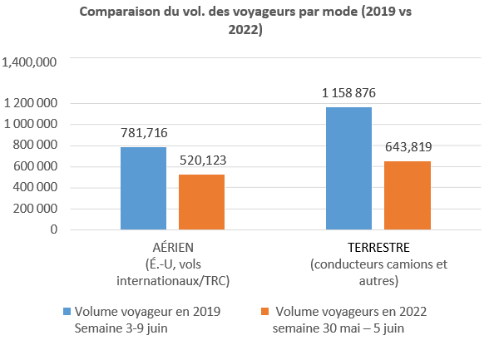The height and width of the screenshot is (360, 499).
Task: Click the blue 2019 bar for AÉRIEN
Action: [143, 188]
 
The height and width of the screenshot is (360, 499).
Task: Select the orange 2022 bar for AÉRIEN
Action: [202, 202]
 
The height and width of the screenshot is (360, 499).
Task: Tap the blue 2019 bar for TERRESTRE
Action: [348, 168]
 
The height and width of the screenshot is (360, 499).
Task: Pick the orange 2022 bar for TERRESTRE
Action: [408, 195]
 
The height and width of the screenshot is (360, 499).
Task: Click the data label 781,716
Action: [144, 133]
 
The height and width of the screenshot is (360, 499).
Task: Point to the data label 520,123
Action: [203, 160]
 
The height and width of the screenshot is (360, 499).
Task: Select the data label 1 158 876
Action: [348, 93]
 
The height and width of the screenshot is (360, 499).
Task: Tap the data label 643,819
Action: [408, 147]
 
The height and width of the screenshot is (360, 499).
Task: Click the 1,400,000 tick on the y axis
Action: [29, 62]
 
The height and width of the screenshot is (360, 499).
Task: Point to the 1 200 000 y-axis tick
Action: [30, 103]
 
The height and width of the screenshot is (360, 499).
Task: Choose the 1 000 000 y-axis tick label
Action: [30, 124]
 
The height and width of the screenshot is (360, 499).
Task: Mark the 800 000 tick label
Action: [35, 145]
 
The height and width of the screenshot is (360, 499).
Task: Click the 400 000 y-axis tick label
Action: [35, 187]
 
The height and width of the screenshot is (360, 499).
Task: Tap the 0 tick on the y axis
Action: [54, 229]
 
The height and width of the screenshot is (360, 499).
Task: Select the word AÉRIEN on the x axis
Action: [173, 248]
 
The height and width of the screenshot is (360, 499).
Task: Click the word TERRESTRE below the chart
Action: [378, 248]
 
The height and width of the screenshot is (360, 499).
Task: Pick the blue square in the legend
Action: [67, 311]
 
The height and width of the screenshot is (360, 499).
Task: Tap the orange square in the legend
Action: [264, 311]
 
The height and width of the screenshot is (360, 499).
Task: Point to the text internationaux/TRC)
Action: [173, 281]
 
